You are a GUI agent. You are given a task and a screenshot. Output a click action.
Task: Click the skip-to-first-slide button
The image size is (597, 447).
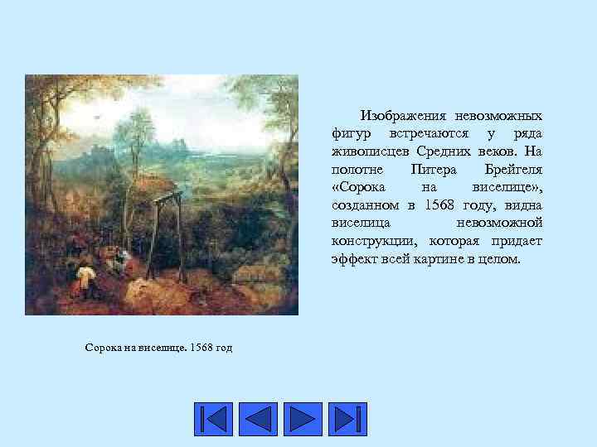(x=214, y=420)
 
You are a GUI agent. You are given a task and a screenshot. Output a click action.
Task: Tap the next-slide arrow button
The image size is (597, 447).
(x=303, y=420)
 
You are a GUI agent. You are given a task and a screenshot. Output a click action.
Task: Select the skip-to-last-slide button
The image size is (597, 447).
(x=347, y=420)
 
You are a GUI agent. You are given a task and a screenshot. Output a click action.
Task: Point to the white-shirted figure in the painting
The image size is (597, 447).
(x=85, y=272)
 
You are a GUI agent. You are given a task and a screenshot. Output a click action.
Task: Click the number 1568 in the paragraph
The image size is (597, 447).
(x=439, y=205)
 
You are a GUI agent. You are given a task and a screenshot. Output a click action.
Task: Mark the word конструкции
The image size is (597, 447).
(x=375, y=242)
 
